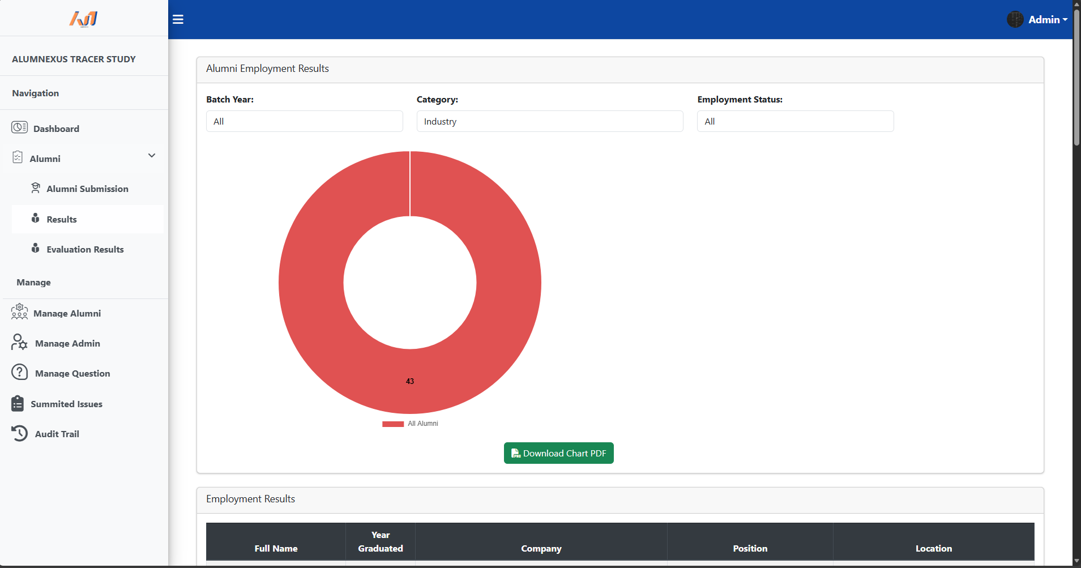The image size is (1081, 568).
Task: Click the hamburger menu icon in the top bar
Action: [x=178, y=20]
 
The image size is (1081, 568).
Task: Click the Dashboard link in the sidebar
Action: [x=56, y=129]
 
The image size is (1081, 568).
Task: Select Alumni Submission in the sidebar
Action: [x=87, y=189]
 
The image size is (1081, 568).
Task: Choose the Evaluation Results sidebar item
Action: [x=85, y=249]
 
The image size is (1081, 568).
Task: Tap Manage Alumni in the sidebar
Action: [x=67, y=313]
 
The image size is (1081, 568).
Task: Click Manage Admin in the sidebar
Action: [x=67, y=343]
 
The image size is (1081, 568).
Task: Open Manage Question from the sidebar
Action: [x=72, y=373]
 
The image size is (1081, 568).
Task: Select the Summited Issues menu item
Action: [x=66, y=404]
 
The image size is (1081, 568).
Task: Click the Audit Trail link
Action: [x=57, y=434]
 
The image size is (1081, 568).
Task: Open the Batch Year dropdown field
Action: [x=304, y=121]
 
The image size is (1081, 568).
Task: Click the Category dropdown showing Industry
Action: [x=549, y=121]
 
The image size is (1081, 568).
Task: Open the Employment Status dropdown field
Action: [x=795, y=121]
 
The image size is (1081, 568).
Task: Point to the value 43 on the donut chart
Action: [x=410, y=381]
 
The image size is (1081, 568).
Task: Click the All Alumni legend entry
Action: [x=411, y=424]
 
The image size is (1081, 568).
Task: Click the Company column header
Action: [x=541, y=548]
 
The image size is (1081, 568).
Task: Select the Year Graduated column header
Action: [x=381, y=541]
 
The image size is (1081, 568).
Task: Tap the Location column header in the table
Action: [x=933, y=548]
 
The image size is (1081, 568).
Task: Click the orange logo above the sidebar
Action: [x=84, y=19]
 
